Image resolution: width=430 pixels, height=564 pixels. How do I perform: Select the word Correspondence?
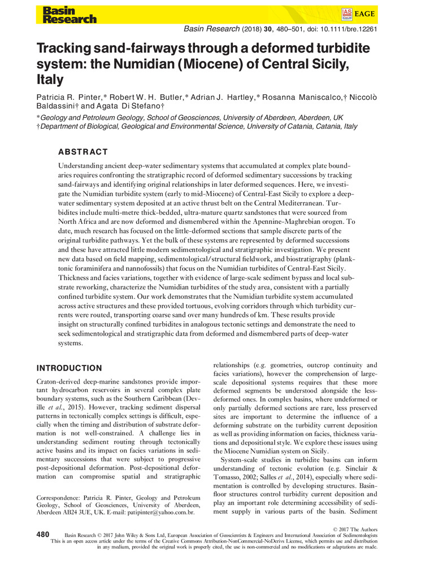(59, 497)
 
